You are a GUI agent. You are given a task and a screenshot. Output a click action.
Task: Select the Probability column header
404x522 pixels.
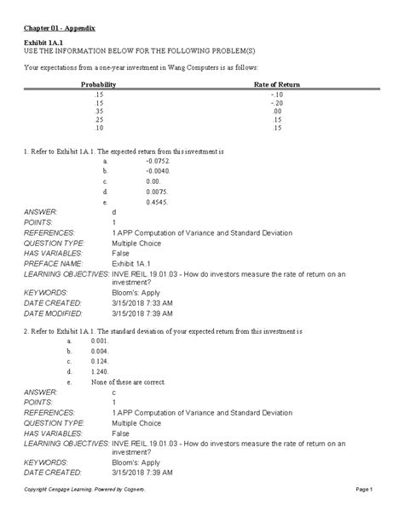98,86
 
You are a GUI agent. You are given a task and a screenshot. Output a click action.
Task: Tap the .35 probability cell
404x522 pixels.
98,110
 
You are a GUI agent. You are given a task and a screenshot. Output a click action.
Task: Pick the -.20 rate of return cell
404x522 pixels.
278,102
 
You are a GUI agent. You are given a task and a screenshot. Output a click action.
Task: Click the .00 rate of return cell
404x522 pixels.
278,110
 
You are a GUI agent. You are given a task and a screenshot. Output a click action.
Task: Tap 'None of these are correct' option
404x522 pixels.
127,382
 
